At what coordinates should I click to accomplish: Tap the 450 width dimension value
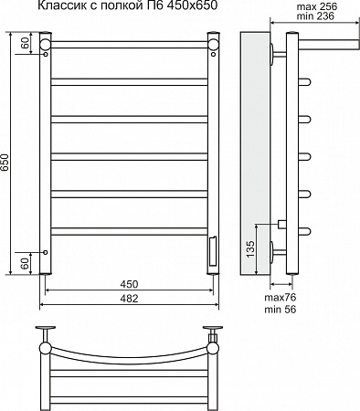tap(129, 284)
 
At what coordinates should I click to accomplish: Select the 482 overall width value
tap(129, 299)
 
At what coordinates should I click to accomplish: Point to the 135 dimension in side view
tap(250, 248)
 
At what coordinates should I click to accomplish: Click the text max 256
tap(317, 6)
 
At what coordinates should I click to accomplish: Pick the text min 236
tap(315, 16)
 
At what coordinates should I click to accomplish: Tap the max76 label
tap(281, 297)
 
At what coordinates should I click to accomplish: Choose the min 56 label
tap(281, 310)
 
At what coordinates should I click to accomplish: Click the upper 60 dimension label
tap(26, 43)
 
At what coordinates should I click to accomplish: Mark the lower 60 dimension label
tap(26, 263)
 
